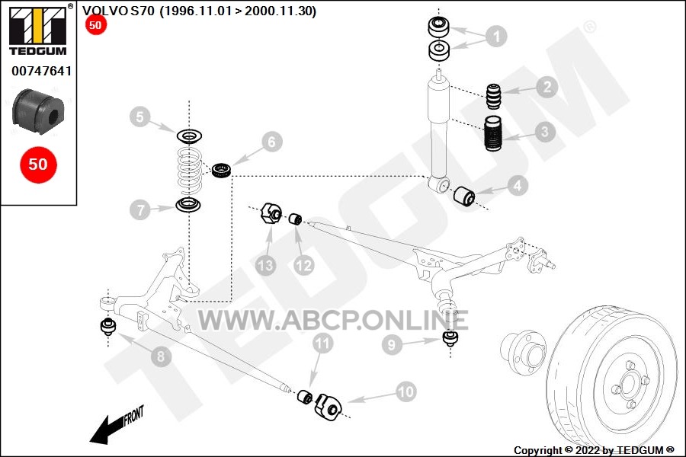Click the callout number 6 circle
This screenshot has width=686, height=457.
pos(271,142)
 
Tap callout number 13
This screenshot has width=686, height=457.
pos(265,265)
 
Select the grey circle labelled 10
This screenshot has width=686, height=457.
pos(406,391)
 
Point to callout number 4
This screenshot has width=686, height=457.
pos(518,185)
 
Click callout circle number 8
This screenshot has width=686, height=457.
pos(161,356)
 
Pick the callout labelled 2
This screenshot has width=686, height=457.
pos(547,87)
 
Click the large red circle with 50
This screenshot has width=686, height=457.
pos(38,165)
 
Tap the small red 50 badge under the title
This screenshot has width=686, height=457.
pos(95,25)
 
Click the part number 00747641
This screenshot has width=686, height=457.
pos(42,71)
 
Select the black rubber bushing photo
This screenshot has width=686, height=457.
pos(39,112)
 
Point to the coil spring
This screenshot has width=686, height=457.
pos(189,171)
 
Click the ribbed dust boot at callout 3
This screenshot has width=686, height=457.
pos(493,133)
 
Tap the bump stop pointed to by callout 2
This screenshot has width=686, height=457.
pos(494,96)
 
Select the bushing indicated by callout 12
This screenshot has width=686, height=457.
pos(296,219)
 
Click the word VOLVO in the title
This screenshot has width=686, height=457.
pos(105,11)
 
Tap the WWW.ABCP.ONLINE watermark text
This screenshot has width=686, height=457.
pos(333,321)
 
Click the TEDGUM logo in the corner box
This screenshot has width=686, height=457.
pos(38,30)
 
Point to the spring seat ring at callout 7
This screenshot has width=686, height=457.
pos(188,204)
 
